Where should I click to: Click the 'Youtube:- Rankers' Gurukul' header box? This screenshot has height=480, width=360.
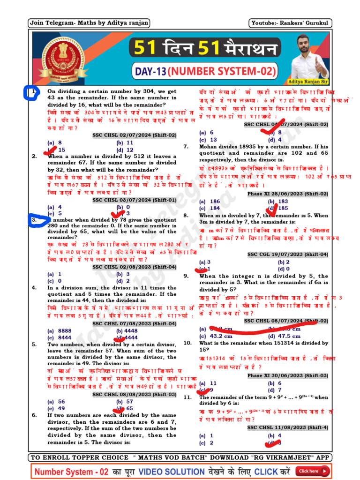(x=290, y=23)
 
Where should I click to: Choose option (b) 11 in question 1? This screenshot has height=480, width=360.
(x=125, y=142)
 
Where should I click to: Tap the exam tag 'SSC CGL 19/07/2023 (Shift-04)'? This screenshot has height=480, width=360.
(x=287, y=254)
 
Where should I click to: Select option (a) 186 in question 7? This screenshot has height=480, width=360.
(x=210, y=201)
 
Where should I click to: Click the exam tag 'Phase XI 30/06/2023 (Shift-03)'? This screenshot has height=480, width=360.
(x=287, y=375)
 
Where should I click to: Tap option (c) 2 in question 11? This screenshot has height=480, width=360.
(x=207, y=442)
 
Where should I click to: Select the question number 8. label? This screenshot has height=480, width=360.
(x=186, y=215)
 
